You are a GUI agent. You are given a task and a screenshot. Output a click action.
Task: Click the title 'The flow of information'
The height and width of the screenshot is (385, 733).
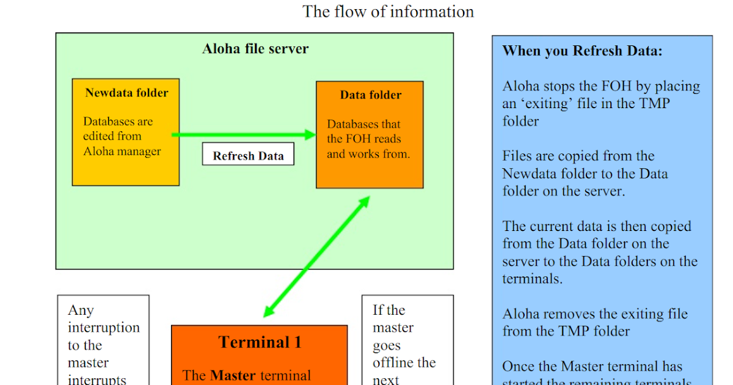pos(388,12)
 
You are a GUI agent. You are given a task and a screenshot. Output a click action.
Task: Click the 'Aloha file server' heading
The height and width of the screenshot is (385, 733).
pos(255,49)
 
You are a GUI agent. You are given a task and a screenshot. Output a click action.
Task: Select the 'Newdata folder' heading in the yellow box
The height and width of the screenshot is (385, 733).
pos(126,93)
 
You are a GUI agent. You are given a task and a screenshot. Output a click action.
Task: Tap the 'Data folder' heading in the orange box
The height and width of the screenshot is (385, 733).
pos(370,95)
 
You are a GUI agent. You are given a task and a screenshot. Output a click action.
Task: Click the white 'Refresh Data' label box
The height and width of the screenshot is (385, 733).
pos(248,155)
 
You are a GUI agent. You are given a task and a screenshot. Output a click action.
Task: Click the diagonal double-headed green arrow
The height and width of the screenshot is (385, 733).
pos(317,257)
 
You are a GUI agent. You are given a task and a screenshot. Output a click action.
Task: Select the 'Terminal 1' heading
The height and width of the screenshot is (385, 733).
pos(260,342)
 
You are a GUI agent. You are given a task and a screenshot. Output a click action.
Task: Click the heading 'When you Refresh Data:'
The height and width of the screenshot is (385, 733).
pos(582,51)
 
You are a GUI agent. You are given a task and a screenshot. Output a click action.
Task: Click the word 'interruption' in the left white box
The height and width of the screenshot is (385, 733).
pos(104,328)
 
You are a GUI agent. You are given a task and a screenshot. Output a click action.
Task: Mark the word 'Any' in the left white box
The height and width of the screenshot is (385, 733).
pos(81,310)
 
